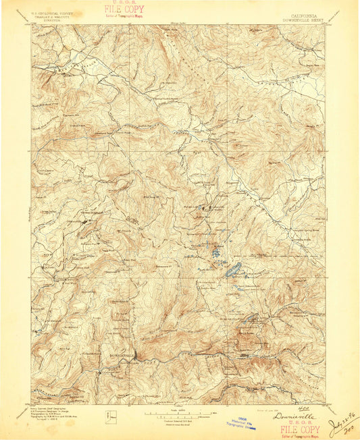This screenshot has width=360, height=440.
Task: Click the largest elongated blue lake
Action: (232, 269)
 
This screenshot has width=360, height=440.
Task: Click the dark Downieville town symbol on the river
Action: (134, 354)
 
